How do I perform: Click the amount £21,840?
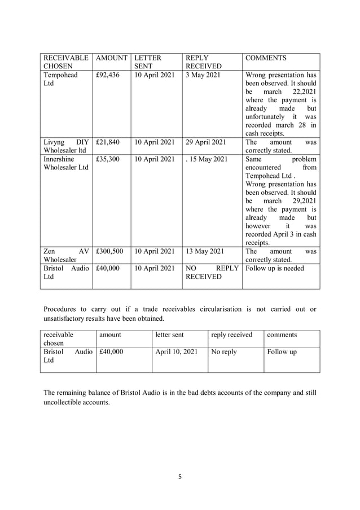107,143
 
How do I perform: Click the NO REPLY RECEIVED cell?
212,273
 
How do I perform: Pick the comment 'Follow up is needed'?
275,268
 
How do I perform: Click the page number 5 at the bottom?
180,477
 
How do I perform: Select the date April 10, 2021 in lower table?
177,352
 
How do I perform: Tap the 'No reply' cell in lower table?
224,352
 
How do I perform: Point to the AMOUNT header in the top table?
111,58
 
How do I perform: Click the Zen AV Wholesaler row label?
65,256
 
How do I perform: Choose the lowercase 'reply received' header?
231,335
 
